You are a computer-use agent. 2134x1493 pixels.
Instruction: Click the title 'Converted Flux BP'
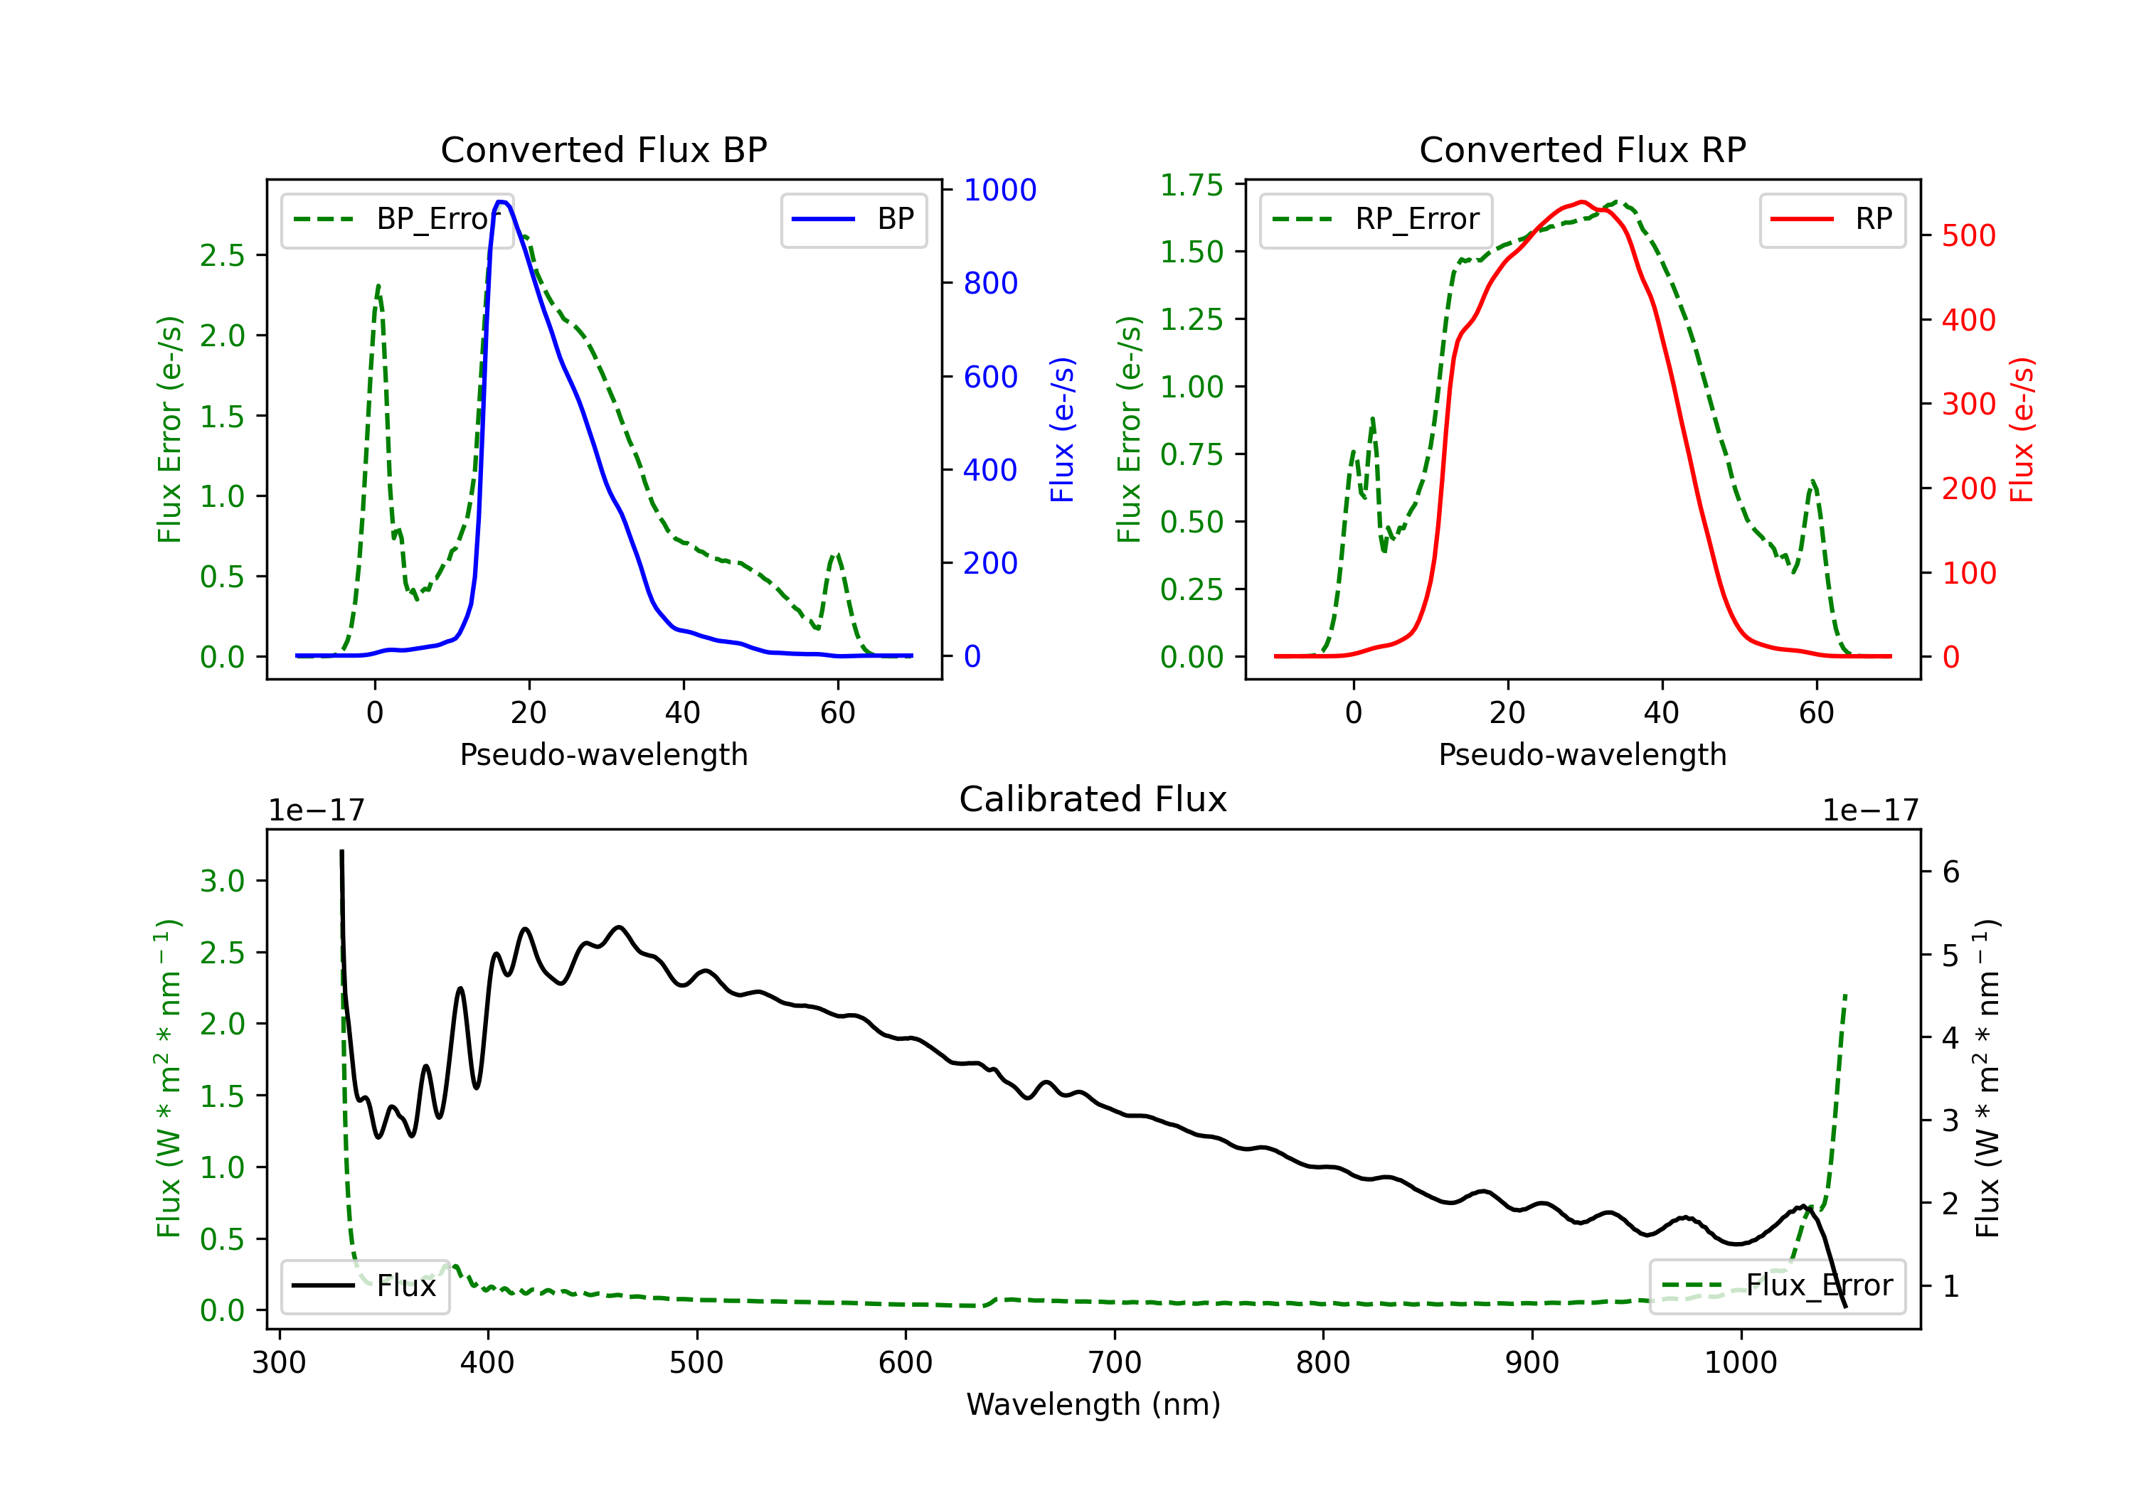[x=603, y=149]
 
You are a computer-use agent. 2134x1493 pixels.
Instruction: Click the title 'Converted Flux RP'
[x=1582, y=149]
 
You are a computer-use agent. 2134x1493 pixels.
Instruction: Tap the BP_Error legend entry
[x=398, y=219]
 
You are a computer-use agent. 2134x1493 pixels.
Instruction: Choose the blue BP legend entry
[x=853, y=219]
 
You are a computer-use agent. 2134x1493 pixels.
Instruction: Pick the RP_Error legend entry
[x=1376, y=219]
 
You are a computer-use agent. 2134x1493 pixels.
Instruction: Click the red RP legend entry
[x=1832, y=219]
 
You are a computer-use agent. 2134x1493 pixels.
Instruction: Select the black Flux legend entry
[x=366, y=1286]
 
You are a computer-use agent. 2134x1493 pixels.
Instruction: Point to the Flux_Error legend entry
[x=1776, y=1286]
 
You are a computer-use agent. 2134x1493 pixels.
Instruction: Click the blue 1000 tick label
[x=999, y=190]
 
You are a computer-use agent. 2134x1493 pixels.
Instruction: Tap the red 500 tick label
[x=1968, y=236]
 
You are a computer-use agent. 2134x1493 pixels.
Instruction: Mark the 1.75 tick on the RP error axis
[x=1191, y=185]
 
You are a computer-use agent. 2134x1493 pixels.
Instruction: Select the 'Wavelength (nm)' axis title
[x=1093, y=1404]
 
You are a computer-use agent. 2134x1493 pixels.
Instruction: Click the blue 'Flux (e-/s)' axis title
[x=1061, y=429]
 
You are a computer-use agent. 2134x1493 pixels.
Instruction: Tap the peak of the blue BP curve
[x=501, y=202]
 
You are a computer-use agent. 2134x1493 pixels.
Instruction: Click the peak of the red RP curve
[x=1581, y=202]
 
